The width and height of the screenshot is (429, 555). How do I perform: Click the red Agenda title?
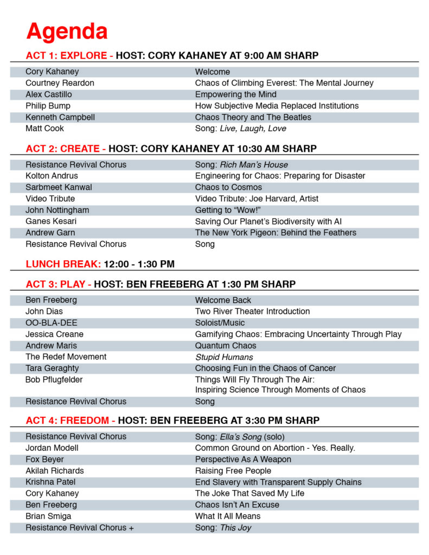pyautogui.click(x=67, y=31)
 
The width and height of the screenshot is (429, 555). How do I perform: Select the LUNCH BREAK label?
pyautogui.click(x=63, y=264)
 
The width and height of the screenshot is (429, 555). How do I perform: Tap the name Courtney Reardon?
pyautogui.click(x=60, y=83)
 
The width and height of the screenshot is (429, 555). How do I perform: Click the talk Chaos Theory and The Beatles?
pyautogui.click(x=253, y=117)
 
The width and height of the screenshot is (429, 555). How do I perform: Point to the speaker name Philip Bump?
pyautogui.click(x=48, y=106)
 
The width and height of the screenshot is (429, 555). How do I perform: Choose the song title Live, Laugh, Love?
pyautogui.click(x=253, y=128)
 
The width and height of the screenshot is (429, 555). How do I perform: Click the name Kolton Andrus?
pyautogui.click(x=52, y=176)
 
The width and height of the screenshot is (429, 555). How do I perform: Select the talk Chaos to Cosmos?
pyautogui.click(x=228, y=187)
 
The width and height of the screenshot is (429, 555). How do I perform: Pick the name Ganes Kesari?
pyautogui.click(x=50, y=221)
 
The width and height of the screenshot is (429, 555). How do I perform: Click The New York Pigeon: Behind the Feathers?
pyautogui.click(x=276, y=233)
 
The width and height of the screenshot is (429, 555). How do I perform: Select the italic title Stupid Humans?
pyautogui.click(x=224, y=357)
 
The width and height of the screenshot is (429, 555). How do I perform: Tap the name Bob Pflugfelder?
pyautogui.click(x=54, y=379)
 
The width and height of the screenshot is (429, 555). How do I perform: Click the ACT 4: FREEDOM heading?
pyautogui.click(x=70, y=420)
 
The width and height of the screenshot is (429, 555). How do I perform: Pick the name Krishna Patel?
pyautogui.click(x=50, y=482)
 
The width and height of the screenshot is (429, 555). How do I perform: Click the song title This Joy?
pyautogui.click(x=235, y=527)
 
